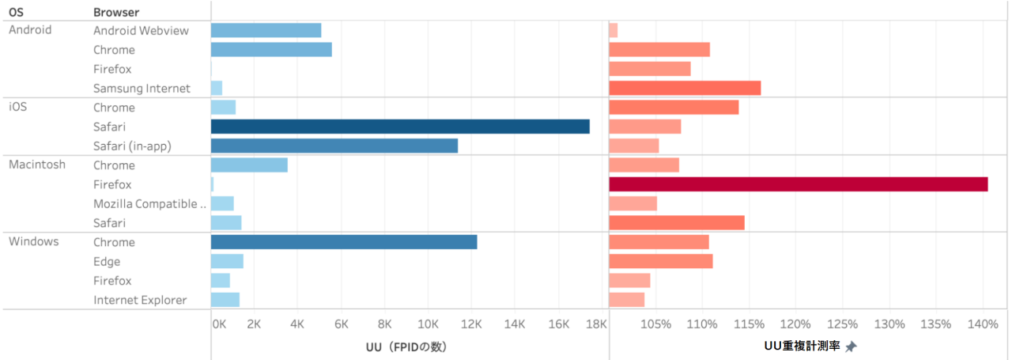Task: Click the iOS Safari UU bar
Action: tap(400, 127)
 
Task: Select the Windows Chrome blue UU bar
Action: tap(344, 242)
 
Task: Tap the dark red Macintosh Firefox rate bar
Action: tap(799, 184)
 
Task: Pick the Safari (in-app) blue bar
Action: tap(334, 146)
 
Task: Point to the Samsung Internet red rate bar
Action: tap(685, 88)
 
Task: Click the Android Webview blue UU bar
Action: tap(266, 30)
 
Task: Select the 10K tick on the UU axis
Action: tap(428, 324)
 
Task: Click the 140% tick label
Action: tap(983, 324)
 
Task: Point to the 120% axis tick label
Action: tap(795, 324)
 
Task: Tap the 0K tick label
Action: tap(219, 324)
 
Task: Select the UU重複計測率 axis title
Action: tap(802, 347)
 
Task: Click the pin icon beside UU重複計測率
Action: tap(851, 347)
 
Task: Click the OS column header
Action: tap(16, 13)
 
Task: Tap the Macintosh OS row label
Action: tap(37, 165)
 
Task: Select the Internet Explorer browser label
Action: tap(140, 300)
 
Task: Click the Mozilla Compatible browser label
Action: tap(149, 204)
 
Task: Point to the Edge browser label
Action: tap(106, 262)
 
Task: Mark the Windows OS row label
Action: tap(33, 242)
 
